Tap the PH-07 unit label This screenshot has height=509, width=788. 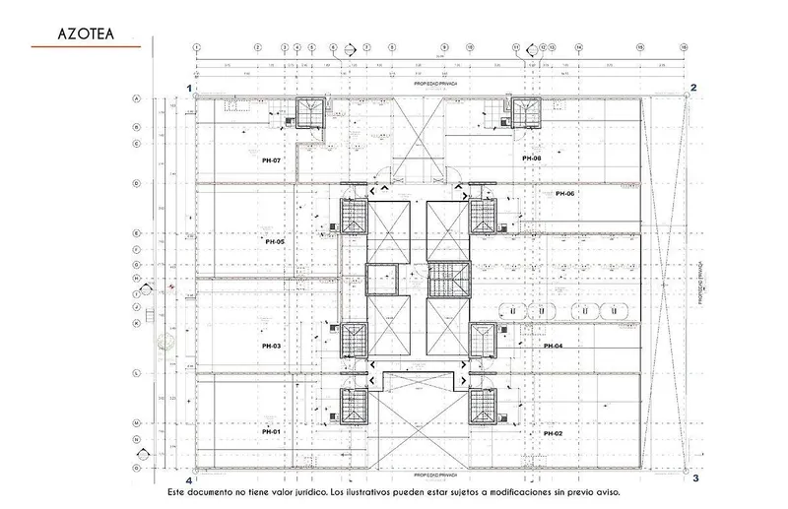click(x=272, y=159)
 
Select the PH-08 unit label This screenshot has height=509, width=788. click(x=532, y=159)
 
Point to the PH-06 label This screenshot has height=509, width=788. click(x=564, y=194)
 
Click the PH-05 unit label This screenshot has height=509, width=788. click(x=274, y=241)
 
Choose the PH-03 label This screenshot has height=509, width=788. click(x=272, y=347)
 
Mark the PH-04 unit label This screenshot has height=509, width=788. click(x=553, y=347)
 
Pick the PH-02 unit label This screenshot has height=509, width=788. click(x=553, y=433)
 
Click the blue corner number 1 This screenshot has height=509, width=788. click(x=189, y=88)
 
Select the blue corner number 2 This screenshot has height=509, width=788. click(x=693, y=88)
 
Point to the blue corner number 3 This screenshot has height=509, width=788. click(x=694, y=478)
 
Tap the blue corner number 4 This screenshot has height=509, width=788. click(x=188, y=479)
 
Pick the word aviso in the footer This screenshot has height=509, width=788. click(x=607, y=491)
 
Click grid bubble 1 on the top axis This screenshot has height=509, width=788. click(x=197, y=46)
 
